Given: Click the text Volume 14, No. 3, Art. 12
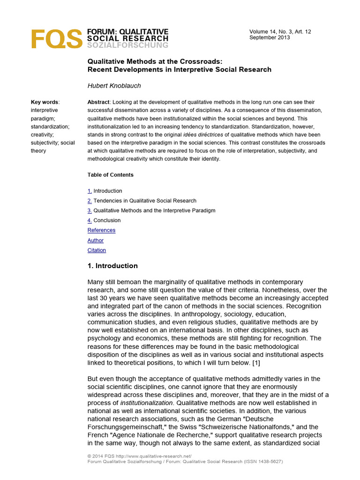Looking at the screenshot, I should tap(280, 31).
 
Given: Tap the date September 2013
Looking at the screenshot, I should tap(270, 37).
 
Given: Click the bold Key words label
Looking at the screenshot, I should tap(45, 102).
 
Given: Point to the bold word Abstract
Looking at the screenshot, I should tap(98, 102).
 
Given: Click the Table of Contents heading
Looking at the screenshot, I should tap(110, 175).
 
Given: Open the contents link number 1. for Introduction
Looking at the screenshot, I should tap(90, 191).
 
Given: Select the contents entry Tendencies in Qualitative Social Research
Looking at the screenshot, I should tap(145, 201).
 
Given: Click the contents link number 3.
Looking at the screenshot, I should tap(90, 210).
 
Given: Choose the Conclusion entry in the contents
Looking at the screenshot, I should tap(107, 220).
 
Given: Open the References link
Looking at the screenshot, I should tap(101, 230).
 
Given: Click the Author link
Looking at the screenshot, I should tap(96, 240).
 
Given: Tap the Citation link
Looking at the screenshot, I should tap(97, 250).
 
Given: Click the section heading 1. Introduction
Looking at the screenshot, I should tap(112, 266).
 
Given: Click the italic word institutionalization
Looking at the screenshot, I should tap(147, 403).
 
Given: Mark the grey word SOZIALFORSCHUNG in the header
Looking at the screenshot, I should tap(127, 45).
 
